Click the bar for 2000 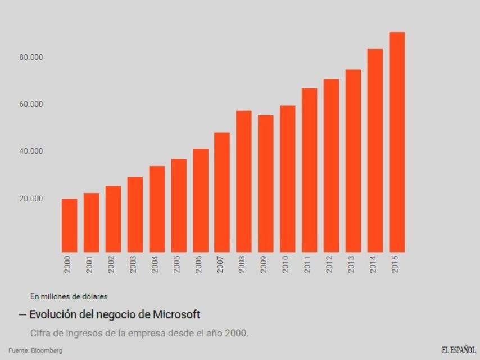pos(69,225)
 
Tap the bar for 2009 pos(266,183)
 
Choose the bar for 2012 pos(331,165)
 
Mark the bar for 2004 pos(157,209)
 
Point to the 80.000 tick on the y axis pos(31,57)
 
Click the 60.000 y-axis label pos(31,105)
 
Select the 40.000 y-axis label pos(31,151)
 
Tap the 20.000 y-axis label pos(31,199)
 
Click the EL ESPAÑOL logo pos(458,350)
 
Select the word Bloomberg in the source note pos(47,350)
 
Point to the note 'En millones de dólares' pos(69,296)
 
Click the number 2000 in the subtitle pos(236,333)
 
